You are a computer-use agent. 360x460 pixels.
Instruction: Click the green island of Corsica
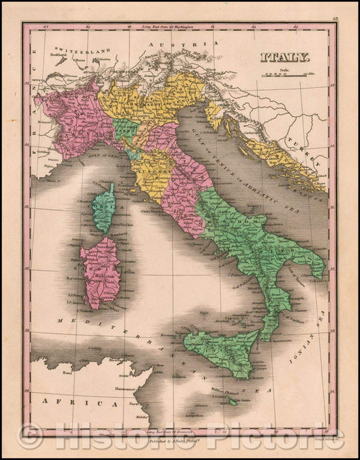103,207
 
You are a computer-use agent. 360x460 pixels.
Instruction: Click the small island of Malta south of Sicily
233,401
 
